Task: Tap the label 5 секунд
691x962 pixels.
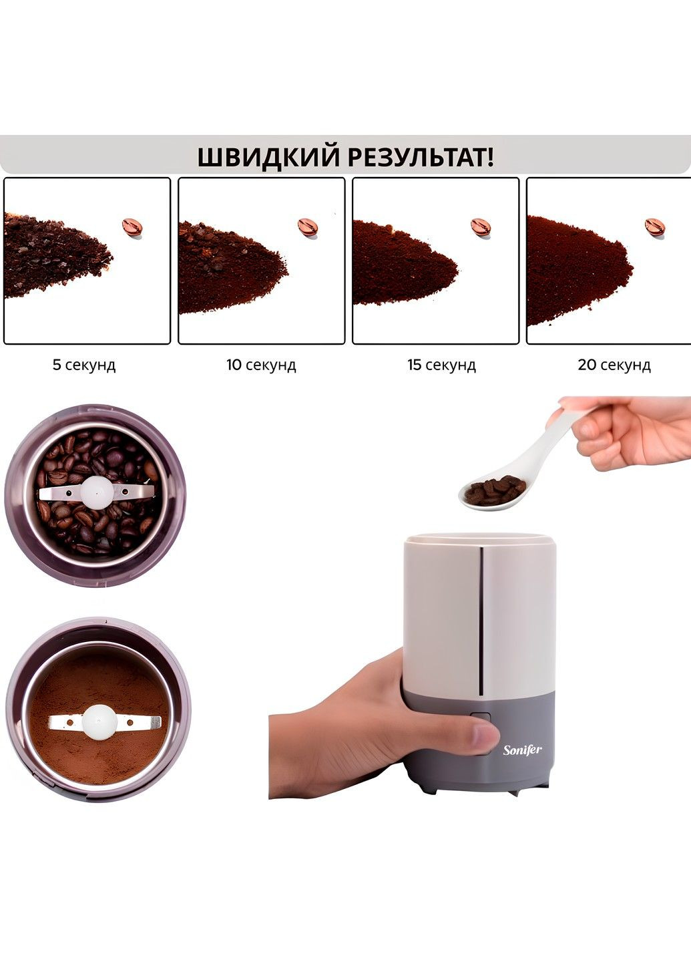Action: click(84, 365)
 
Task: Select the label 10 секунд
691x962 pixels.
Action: click(262, 365)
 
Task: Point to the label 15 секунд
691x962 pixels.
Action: click(442, 365)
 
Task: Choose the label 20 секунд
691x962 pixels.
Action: click(614, 365)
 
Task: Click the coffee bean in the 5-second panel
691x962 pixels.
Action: click(132, 226)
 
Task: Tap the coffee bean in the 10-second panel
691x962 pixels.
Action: click(308, 226)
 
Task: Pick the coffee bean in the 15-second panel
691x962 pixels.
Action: click(481, 226)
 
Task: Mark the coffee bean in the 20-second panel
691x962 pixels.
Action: click(656, 226)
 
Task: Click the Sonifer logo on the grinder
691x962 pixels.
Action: click(522, 750)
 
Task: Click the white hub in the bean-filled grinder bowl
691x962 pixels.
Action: click(97, 491)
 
